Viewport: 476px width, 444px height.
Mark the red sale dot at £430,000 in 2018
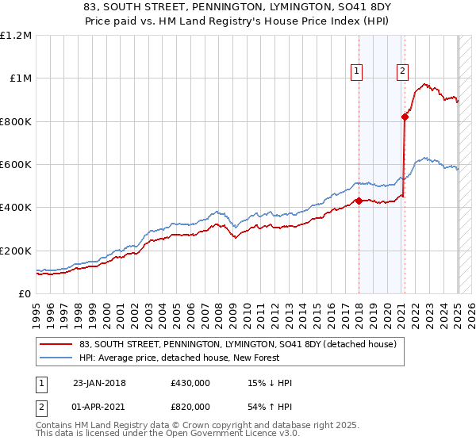tap(359, 201)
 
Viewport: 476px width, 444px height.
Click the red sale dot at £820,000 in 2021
tap(405, 117)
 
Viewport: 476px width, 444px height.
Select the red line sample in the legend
tap(56, 344)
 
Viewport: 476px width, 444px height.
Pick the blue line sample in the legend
tap(56, 358)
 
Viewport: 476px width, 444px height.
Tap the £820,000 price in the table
tap(190, 406)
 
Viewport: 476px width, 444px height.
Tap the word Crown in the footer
tap(197, 425)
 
